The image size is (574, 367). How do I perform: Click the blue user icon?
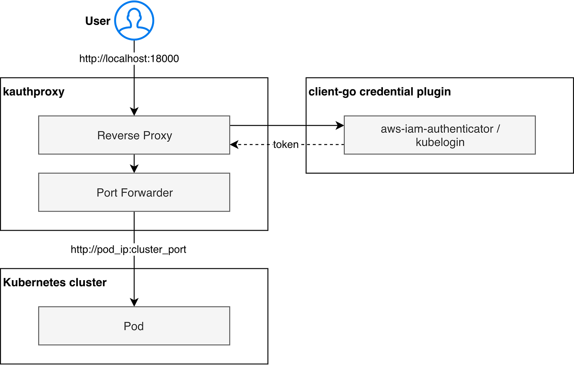click(x=134, y=20)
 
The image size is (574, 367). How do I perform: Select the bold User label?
click(x=98, y=21)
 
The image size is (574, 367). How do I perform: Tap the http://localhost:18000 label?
click(x=129, y=59)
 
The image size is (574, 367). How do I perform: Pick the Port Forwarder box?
click(x=134, y=192)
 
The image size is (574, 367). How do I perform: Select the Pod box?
click(x=134, y=326)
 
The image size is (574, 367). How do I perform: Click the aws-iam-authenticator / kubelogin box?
click(x=440, y=135)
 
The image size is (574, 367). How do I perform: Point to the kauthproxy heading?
click(x=34, y=92)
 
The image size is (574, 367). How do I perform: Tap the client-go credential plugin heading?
click(x=380, y=92)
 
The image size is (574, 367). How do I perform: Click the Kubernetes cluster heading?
click(x=55, y=283)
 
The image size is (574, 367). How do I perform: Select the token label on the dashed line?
click(x=286, y=145)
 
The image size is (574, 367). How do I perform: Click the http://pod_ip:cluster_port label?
click(x=128, y=249)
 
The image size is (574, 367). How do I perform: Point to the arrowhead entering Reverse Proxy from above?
click(x=134, y=111)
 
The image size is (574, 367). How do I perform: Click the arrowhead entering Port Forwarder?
click(x=134, y=168)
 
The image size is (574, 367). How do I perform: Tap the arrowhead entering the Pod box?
click(x=134, y=302)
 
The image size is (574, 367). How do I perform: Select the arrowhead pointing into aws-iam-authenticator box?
click(x=340, y=125)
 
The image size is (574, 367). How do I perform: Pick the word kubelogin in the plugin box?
click(x=440, y=142)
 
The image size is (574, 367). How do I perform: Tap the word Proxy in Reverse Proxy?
click(x=157, y=136)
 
